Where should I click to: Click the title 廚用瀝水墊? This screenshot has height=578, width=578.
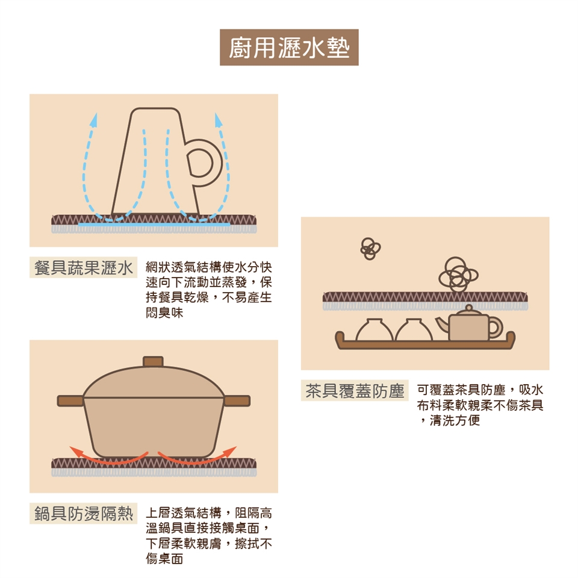[289, 48]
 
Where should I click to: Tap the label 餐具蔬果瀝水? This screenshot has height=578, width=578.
[83, 267]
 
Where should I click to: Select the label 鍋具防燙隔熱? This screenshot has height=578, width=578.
[83, 513]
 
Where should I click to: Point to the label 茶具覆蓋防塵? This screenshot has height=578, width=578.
[355, 390]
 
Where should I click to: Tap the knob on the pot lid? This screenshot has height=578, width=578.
[153, 361]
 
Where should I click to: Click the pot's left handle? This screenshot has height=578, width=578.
[70, 401]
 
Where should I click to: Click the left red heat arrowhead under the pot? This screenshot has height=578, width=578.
[76, 451]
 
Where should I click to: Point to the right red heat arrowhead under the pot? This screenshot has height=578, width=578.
[231, 451]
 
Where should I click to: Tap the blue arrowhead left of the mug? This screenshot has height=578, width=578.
[95, 120]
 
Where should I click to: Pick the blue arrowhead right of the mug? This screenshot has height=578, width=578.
[218, 120]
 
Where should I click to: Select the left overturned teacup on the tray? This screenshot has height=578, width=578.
[374, 329]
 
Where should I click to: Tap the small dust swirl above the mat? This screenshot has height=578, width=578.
[370, 249]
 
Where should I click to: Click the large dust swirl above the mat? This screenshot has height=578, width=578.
[458, 275]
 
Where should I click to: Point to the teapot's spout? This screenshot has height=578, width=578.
[442, 325]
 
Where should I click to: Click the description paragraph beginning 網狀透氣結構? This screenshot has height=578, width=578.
[209, 290]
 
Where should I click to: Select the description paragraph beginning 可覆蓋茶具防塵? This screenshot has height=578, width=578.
[480, 405]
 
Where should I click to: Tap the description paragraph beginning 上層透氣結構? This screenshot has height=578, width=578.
[209, 536]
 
